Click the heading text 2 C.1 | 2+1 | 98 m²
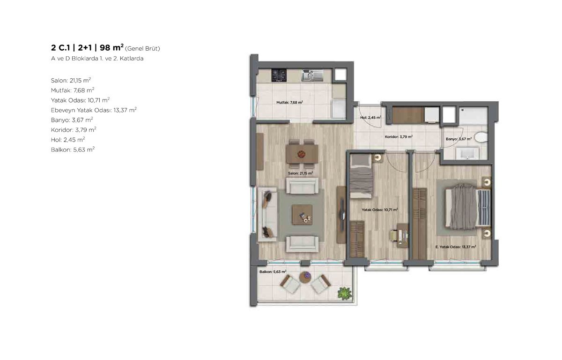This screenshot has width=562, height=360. (87, 47)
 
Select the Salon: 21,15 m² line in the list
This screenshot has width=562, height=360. (71, 80)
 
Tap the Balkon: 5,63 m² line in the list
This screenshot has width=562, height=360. (73, 150)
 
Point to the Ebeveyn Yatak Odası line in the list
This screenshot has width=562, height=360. (94, 110)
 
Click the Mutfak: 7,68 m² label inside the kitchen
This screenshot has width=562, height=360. (289, 103)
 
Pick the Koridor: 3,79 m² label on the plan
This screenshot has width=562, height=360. (399, 137)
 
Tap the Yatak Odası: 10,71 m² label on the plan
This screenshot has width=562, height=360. (380, 210)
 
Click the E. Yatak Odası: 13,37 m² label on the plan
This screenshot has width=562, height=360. (456, 247)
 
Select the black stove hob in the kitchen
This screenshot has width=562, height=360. (279, 75)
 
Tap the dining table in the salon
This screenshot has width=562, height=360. (302, 154)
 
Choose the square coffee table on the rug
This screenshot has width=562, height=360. (302, 214)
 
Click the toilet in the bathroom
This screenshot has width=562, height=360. (481, 137)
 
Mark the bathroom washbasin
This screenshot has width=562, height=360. (468, 153)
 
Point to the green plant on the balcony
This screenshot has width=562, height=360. (345, 293)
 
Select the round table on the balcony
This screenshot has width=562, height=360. (305, 277)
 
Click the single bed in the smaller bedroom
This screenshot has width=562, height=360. (361, 176)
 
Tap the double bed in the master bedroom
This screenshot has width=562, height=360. (468, 207)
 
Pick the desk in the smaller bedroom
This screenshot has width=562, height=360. (403, 235)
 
